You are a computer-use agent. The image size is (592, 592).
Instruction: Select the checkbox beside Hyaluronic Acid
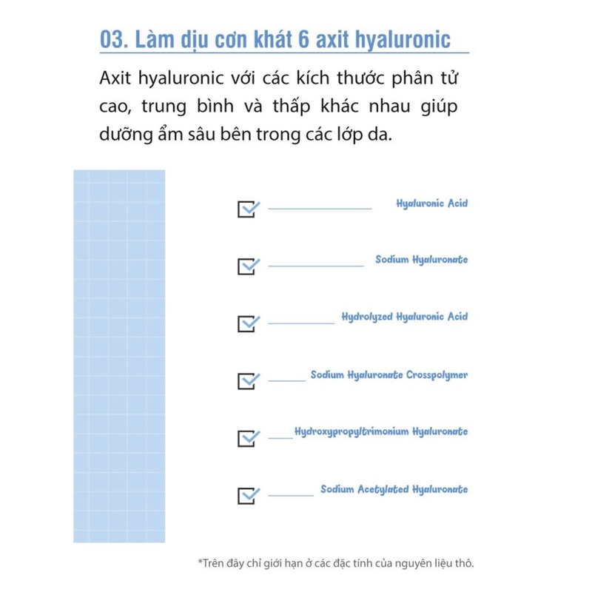coord(248,209)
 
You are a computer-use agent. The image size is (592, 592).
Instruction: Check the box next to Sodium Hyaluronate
coord(248,266)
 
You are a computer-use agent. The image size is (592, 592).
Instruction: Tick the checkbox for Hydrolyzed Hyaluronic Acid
coord(248,323)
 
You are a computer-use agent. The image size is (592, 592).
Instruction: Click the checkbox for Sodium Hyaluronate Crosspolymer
coord(248,380)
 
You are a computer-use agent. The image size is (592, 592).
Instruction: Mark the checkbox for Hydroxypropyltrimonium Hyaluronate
coord(248,437)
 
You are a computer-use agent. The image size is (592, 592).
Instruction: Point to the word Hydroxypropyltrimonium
coord(351,431)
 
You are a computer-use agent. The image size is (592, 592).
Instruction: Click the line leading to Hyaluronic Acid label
coord(320,209)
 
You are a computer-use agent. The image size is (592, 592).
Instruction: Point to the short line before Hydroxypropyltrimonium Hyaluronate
coord(280,438)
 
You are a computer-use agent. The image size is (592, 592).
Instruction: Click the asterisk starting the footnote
coord(200,562)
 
